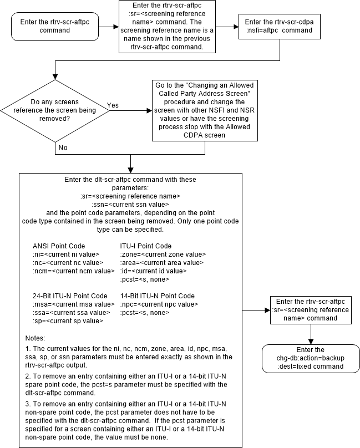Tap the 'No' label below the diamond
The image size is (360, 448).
coord(63,148)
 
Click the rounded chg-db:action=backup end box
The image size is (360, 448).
coord(311,359)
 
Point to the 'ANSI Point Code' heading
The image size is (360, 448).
coord(59,246)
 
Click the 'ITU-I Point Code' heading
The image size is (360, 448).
coord(146,246)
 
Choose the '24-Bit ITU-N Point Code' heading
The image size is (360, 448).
coord(70,296)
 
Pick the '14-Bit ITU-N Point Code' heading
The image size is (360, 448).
coord(157,296)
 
